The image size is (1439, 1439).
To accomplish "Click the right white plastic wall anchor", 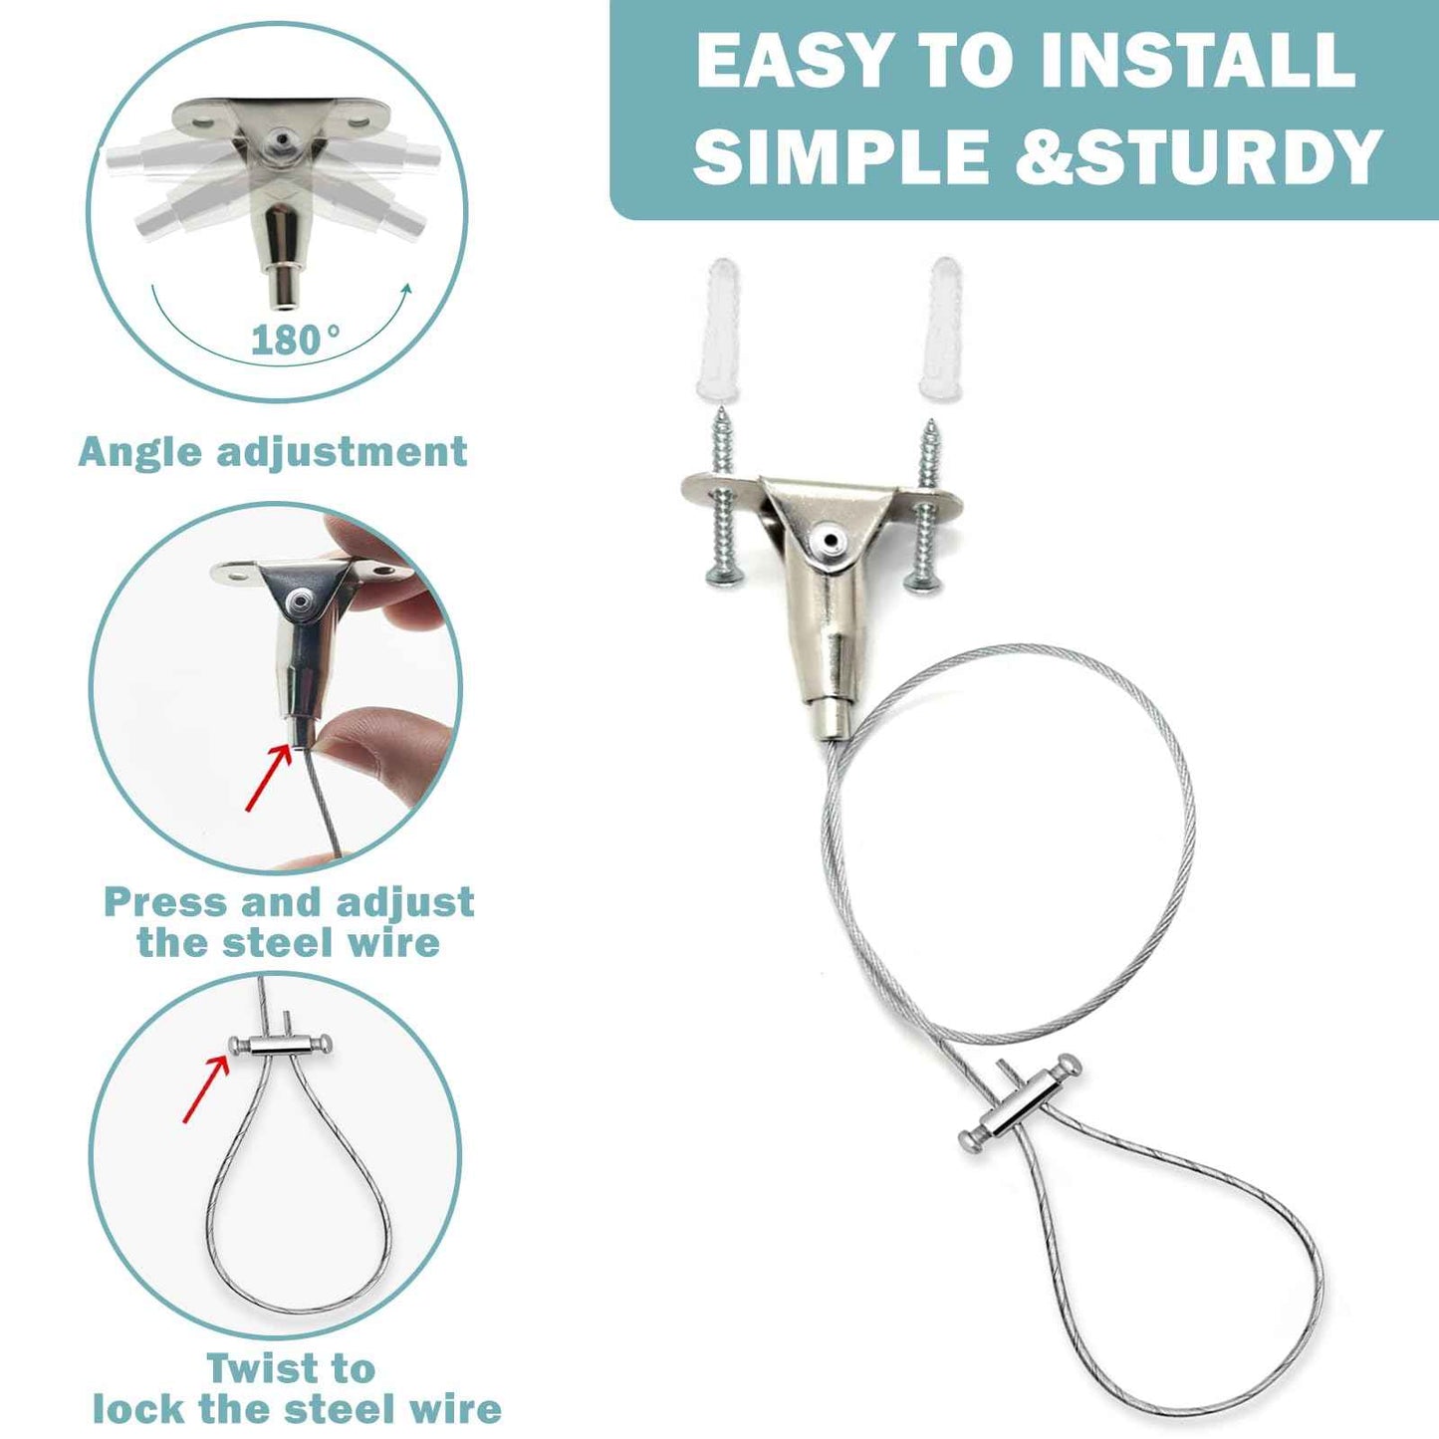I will tap(941, 330).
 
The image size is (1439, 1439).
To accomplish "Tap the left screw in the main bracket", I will tap(723, 503).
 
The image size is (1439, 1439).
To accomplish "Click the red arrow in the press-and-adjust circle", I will tap(269, 777).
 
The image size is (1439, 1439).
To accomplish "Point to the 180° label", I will tap(295, 341).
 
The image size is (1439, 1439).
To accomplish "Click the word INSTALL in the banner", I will tap(1196, 62).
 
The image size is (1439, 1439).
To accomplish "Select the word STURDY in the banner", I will tap(1228, 156).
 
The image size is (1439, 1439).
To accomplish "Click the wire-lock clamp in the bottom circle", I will tap(280, 1045).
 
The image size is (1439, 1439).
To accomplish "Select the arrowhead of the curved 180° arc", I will tap(404, 290).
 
